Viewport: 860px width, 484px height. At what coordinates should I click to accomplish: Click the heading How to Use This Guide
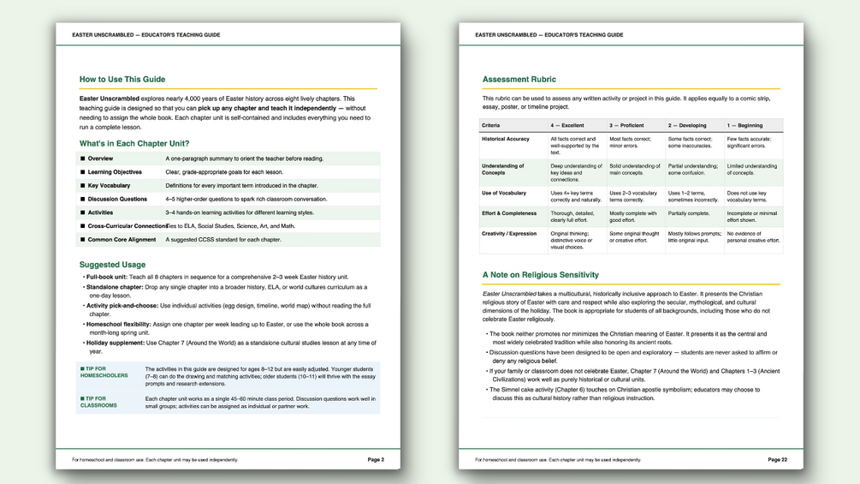[122, 80]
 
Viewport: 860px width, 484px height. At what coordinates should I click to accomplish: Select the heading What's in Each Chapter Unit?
[134, 143]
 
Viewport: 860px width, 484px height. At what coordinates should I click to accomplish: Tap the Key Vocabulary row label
[109, 185]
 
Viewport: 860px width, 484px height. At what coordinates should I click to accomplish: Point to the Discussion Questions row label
[117, 199]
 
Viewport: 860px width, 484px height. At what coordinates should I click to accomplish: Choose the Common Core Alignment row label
[124, 240]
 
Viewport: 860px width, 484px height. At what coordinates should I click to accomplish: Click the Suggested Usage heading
[112, 265]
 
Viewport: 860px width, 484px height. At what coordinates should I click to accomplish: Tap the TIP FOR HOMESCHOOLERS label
[104, 372]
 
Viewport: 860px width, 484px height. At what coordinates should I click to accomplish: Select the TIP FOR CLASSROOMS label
[100, 402]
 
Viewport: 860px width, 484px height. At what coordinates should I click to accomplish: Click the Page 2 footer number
[376, 460]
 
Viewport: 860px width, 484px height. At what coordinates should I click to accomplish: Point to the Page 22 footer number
[777, 460]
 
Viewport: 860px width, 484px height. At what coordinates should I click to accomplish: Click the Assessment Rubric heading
[519, 80]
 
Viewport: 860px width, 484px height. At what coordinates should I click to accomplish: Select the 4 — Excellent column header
[567, 125]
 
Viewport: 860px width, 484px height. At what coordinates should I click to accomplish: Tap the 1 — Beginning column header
[744, 125]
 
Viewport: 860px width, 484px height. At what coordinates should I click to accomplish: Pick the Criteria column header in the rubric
[490, 125]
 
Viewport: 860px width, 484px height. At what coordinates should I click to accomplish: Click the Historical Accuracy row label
[506, 139]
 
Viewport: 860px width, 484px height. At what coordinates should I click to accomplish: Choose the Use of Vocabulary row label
[504, 193]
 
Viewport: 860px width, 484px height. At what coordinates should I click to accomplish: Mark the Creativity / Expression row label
[509, 233]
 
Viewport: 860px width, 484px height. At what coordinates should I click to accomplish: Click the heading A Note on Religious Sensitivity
[541, 275]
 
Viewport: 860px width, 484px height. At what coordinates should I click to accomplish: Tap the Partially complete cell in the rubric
[689, 213]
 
